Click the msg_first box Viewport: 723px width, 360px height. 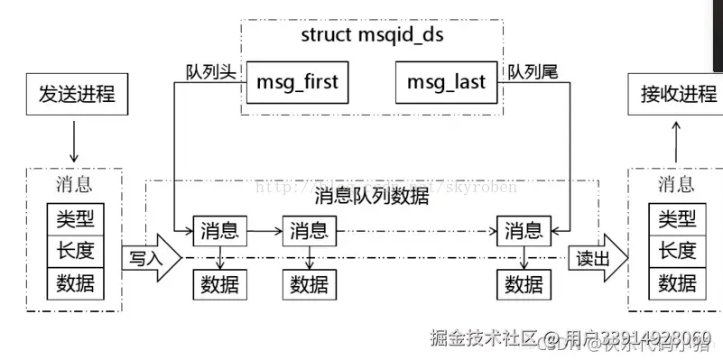tap(296, 82)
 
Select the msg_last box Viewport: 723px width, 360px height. tap(446, 82)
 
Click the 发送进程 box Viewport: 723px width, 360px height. tap(76, 94)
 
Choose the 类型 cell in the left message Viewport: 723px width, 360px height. tap(75, 219)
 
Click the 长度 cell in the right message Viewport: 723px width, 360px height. tap(677, 251)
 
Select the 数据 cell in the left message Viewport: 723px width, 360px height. tap(75, 283)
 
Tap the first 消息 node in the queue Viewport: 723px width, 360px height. tap(219, 230)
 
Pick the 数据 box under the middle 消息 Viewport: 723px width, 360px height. tap(310, 285)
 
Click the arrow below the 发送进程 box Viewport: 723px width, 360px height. tap(74, 142)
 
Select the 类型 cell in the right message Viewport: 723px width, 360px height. tap(677, 219)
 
